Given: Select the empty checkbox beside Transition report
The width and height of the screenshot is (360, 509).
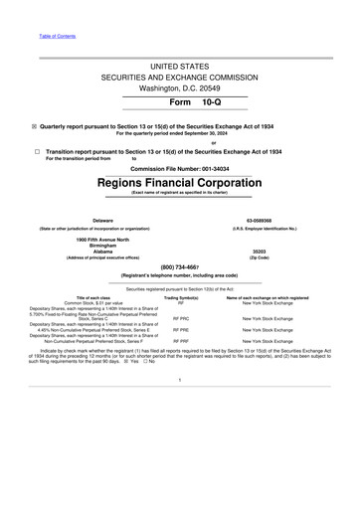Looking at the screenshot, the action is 35,152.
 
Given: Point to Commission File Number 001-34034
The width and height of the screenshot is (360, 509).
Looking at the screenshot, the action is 180,169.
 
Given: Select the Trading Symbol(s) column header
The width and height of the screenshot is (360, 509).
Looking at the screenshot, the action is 181,297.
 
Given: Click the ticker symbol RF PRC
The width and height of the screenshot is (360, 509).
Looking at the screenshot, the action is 181,317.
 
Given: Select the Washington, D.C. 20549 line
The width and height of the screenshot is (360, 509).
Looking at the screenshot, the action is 180,87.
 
